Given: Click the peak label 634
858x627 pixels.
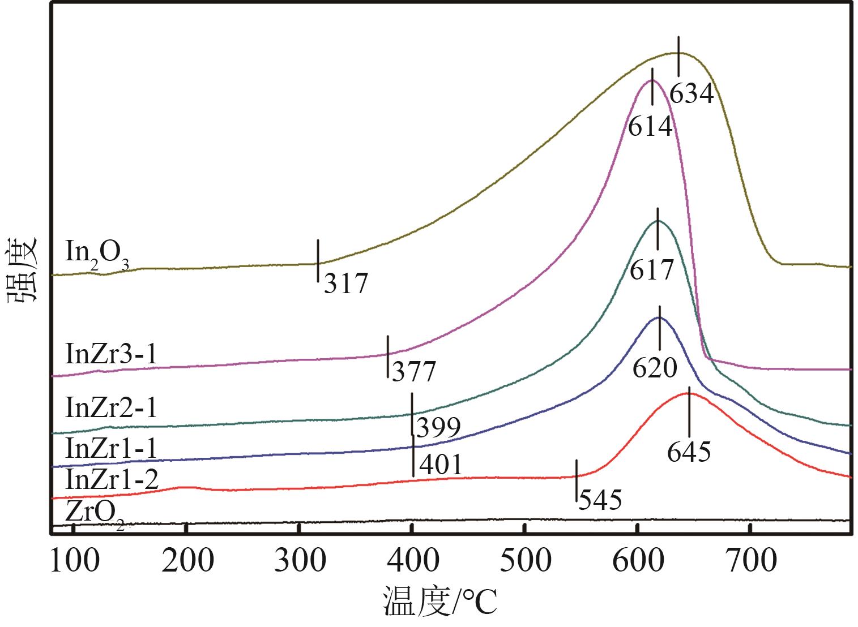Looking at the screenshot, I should (691, 93).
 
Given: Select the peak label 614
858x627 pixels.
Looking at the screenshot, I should (650, 126).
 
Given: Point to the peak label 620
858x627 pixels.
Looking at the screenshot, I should (655, 368).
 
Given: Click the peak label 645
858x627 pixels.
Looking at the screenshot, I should (689, 452).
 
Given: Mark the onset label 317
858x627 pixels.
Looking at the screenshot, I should (346, 283).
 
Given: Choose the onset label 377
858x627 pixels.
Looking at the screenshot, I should (414, 372).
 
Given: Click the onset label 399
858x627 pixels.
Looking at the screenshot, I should (438, 428).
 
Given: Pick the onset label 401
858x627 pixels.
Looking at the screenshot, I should (440, 465).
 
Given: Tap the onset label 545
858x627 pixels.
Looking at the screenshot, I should (600, 500).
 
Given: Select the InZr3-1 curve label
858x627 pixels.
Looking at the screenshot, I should (111, 354).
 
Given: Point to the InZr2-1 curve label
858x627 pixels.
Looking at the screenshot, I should (111, 407).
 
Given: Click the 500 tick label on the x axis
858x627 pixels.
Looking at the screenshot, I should (526, 560).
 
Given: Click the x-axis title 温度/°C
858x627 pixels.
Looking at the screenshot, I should (440, 601).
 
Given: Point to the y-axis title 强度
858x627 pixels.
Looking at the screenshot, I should (23, 270).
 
